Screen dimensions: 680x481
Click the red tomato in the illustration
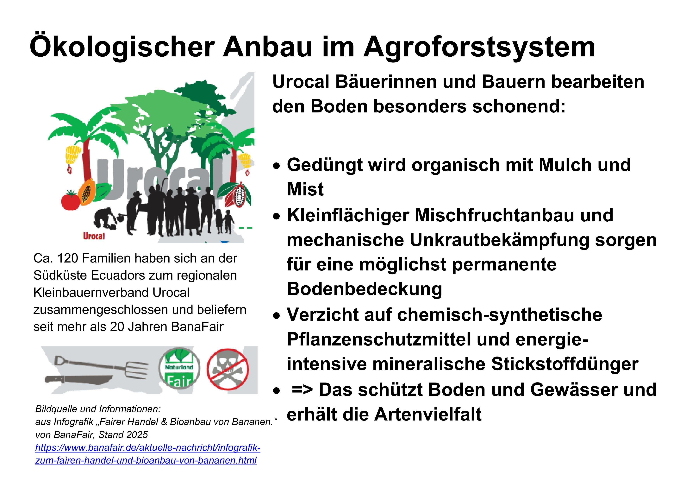click(x=71, y=201)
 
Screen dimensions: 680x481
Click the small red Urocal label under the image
click(x=94, y=236)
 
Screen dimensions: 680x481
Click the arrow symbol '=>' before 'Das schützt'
click(x=302, y=390)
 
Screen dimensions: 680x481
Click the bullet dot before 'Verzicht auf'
click(x=277, y=316)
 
